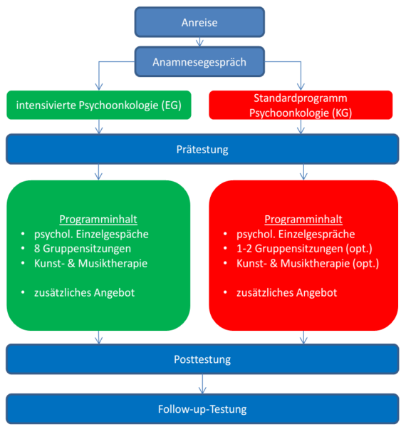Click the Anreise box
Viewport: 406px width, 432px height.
[x=199, y=22]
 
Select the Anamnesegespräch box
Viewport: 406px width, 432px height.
[x=199, y=62]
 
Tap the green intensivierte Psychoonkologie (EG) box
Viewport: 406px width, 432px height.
[x=99, y=105]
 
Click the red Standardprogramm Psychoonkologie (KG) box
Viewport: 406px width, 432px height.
[x=301, y=105]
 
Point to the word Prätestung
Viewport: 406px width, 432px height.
[x=202, y=150]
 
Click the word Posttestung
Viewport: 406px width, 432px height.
[x=202, y=359]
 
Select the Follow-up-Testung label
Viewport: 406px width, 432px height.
[x=202, y=409]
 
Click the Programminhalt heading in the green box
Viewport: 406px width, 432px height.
[x=98, y=220]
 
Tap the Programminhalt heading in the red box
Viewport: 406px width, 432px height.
[x=303, y=220]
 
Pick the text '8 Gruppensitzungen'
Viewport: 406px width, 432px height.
[x=83, y=249]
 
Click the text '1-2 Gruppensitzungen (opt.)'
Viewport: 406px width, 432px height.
[x=304, y=249]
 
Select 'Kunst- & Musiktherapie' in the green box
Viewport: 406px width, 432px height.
[x=91, y=263]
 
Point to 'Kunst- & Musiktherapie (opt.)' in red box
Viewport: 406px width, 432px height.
[x=308, y=264]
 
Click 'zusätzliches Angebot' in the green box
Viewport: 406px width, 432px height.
[x=85, y=292]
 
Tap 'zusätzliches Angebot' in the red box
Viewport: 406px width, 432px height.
[x=287, y=292]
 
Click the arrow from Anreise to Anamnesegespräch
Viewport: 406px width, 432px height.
[x=199, y=41]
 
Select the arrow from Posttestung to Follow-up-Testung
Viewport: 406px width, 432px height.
[x=202, y=384]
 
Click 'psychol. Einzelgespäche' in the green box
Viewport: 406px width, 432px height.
[x=91, y=235]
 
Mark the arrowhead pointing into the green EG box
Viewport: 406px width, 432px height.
[x=99, y=87]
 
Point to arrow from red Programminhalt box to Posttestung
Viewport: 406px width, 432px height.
[x=303, y=337]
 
